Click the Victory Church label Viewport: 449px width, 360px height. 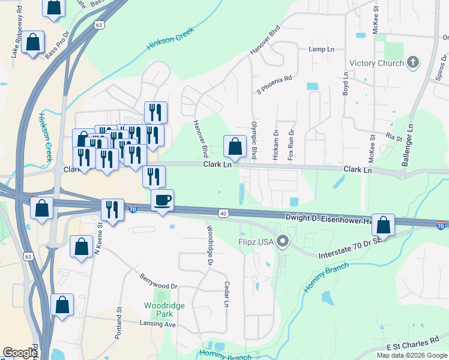(376, 63)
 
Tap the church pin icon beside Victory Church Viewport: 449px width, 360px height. (412, 62)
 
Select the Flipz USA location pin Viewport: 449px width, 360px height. (283, 242)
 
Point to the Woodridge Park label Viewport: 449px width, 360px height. (159, 310)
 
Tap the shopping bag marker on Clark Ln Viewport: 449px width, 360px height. (235, 146)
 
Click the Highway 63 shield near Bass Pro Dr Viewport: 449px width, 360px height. (99, 25)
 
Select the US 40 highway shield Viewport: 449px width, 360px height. (223, 213)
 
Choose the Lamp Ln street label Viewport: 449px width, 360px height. (321, 49)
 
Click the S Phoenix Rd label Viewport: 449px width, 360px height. (274, 85)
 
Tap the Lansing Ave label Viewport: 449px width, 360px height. (157, 323)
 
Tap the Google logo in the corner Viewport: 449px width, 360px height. (20, 352)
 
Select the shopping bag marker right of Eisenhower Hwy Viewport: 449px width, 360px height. (384, 225)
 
